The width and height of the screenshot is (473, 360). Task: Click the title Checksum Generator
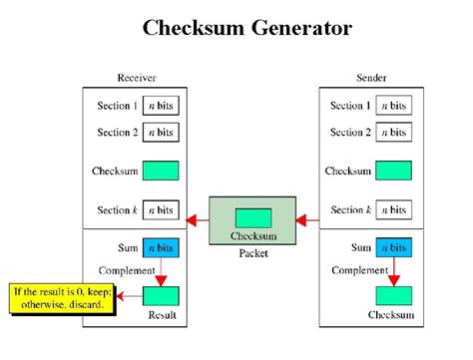click(246, 28)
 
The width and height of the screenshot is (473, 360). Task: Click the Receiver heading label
click(138, 78)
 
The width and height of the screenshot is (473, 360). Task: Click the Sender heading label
click(372, 78)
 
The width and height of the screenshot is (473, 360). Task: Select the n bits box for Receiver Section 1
click(161, 106)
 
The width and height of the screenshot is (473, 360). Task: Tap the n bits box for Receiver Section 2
click(161, 132)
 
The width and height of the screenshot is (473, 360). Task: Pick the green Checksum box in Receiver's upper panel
click(161, 171)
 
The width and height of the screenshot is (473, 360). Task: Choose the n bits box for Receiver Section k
click(161, 209)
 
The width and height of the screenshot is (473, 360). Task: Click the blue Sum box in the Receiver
click(161, 246)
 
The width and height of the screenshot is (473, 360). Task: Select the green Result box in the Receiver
click(161, 296)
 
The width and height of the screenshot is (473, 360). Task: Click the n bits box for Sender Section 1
click(396, 106)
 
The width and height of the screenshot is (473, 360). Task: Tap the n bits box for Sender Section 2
click(396, 132)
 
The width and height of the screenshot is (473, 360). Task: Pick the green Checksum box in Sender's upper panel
click(396, 171)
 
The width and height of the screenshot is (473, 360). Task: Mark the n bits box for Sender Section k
click(396, 209)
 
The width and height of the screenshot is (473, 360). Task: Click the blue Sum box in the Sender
click(396, 246)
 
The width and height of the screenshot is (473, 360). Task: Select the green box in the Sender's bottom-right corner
click(396, 296)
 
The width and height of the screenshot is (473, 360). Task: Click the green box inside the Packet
click(252, 216)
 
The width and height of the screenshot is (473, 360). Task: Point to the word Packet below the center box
click(252, 253)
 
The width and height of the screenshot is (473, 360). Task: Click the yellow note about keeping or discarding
click(63, 298)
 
